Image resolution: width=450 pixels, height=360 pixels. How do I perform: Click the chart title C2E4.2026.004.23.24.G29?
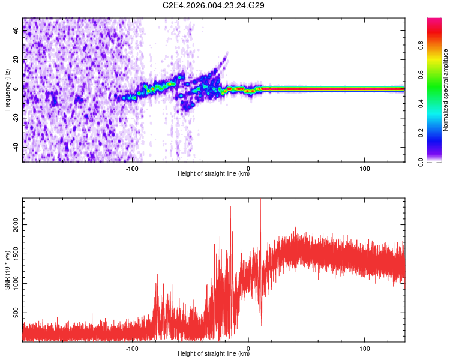pyautogui.click(x=214, y=5)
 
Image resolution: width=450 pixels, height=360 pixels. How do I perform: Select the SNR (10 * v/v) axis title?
pyautogui.click(x=7, y=271)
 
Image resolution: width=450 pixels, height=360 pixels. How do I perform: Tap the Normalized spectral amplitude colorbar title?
pyautogui.click(x=445, y=90)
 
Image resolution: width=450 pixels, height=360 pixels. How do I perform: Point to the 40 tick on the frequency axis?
pyautogui.click(x=16, y=32)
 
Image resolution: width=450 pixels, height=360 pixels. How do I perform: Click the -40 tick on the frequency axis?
pyautogui.click(x=15, y=147)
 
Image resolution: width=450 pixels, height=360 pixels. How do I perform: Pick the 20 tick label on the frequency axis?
pyautogui.click(x=16, y=61)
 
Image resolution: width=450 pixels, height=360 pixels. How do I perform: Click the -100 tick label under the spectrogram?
pyautogui.click(x=132, y=169)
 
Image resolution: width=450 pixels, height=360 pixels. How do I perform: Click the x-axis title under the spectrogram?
pyautogui.click(x=214, y=174)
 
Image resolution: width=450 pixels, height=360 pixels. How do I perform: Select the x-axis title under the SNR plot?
pyautogui.click(x=214, y=354)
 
